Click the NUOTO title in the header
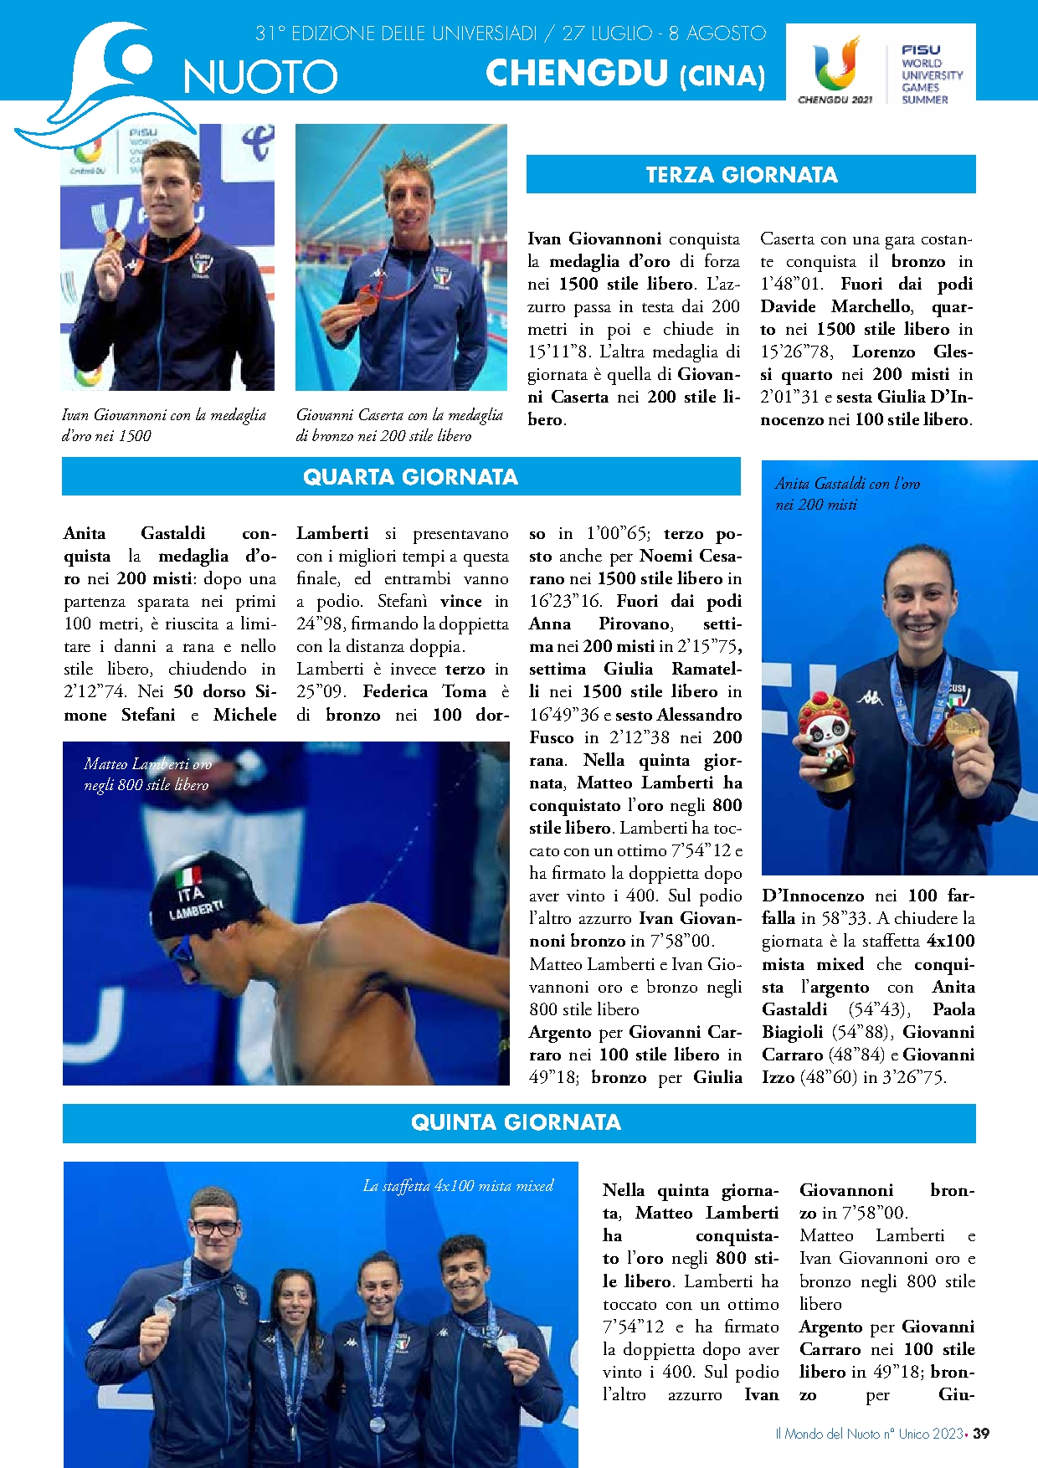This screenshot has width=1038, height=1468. pos(260,77)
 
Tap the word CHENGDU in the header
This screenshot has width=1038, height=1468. pos(578,74)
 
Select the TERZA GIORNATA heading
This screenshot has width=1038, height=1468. pos(742,175)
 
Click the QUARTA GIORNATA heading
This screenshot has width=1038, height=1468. pos(410,477)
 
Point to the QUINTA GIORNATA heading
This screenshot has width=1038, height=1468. pos(516,1122)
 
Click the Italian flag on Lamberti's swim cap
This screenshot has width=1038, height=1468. pos(188,877)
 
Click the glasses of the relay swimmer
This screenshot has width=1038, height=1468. pos(215,1229)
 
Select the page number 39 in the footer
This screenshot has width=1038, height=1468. pos(981,1434)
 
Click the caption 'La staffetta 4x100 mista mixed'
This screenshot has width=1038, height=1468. pos(458,1186)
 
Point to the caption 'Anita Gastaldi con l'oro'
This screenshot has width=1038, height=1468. pos(847,484)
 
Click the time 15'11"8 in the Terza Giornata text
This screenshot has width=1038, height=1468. pos(561,352)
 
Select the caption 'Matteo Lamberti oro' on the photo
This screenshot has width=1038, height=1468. pos(148,764)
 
